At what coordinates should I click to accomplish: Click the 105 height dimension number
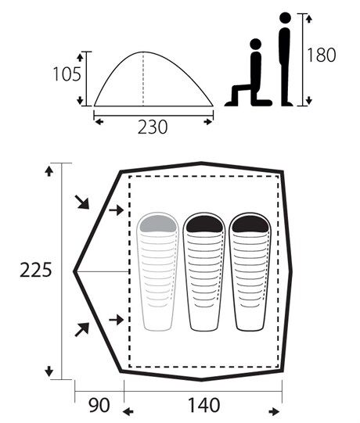(x=67, y=74)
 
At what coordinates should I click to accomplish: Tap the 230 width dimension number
(x=153, y=127)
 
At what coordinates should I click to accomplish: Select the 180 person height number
(x=322, y=55)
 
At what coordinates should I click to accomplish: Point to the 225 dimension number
(x=35, y=270)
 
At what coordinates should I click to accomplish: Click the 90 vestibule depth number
(x=99, y=405)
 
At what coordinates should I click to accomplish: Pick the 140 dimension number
(x=203, y=405)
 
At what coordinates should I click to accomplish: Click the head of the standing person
(x=285, y=18)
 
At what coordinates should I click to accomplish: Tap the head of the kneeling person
(x=255, y=44)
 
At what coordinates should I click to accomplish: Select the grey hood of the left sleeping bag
(x=158, y=224)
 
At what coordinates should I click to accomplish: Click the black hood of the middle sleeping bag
(x=204, y=224)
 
